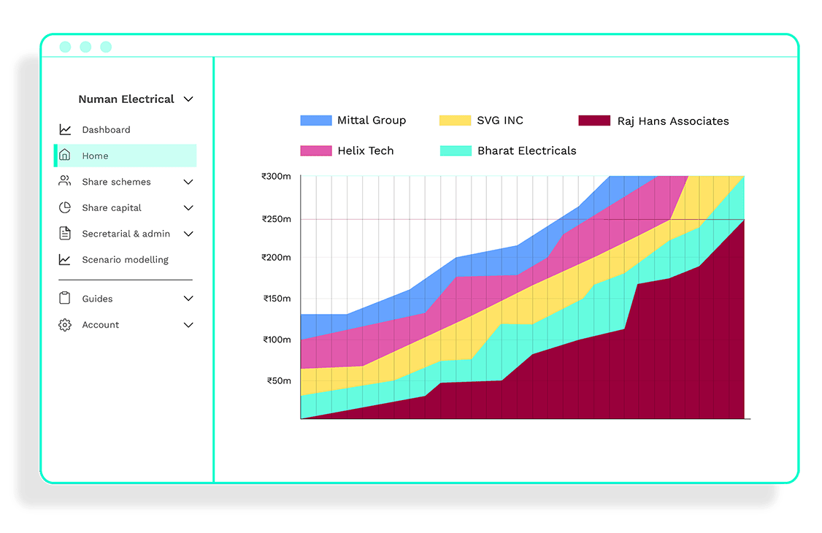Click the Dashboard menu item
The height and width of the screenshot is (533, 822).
tap(106, 130)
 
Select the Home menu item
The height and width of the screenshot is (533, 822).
tap(95, 156)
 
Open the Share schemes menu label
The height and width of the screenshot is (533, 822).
tap(116, 182)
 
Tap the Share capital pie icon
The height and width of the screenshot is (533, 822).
tap(65, 207)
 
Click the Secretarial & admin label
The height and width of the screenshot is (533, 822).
tap(126, 234)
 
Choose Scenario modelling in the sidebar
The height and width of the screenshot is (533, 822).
tap(125, 260)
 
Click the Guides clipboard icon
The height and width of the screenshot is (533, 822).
tap(65, 298)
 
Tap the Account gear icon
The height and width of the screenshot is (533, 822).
tap(65, 324)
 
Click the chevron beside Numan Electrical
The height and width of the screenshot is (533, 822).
tap(188, 99)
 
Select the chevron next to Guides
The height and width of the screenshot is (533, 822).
tap(188, 299)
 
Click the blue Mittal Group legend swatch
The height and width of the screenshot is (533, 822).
tap(316, 120)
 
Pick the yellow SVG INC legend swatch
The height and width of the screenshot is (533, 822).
tap(455, 120)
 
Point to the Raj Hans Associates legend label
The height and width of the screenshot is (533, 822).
tap(672, 121)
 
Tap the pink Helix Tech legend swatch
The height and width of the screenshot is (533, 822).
tap(316, 150)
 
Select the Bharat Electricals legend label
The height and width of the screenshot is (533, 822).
tap(526, 150)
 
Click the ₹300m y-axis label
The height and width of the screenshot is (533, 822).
tap(276, 176)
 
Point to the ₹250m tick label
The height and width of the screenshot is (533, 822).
tap(276, 219)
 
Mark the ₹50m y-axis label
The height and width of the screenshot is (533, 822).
tap(279, 381)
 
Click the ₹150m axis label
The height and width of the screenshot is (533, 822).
tap(277, 299)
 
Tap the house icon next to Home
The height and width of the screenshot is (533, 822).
tap(65, 156)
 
